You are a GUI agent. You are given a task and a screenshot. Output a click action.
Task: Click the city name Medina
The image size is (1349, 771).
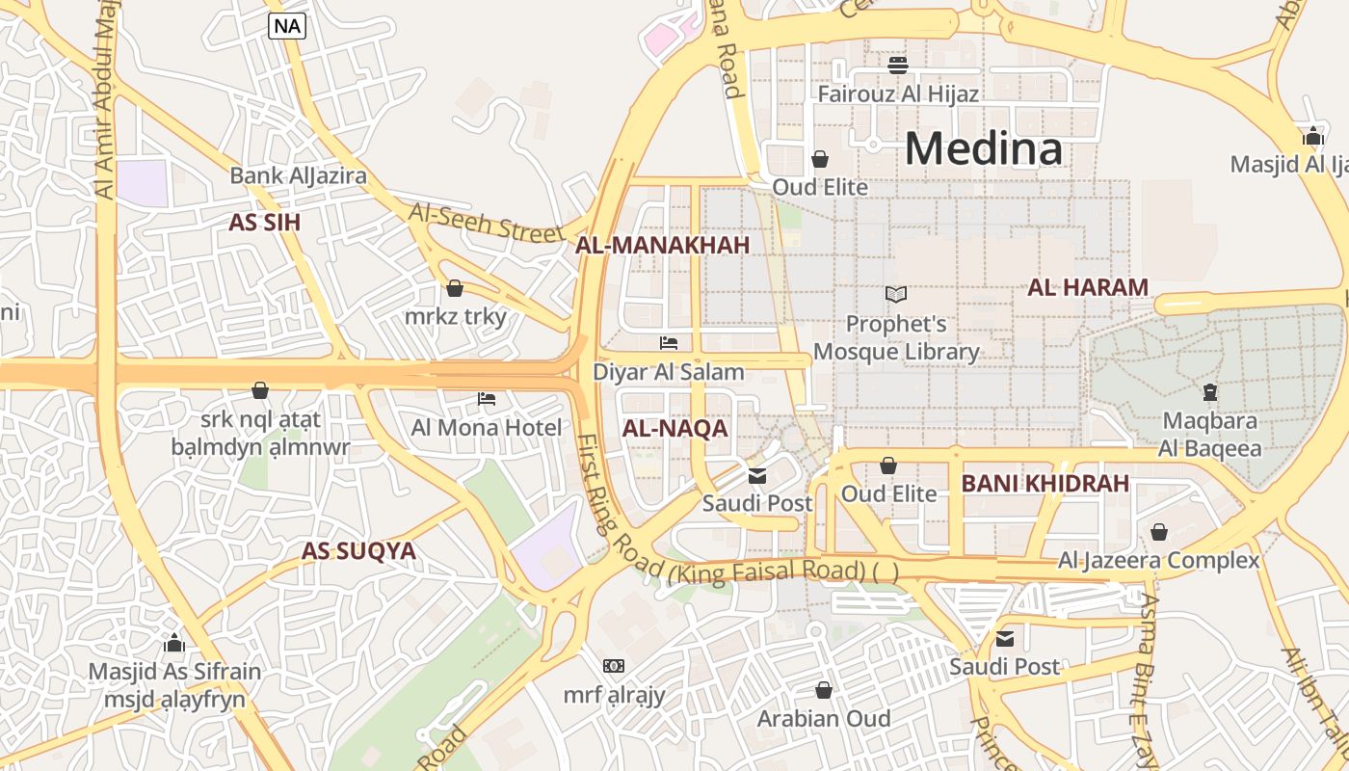(x=983, y=148)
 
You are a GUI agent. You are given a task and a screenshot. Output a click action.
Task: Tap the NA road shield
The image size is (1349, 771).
(x=287, y=26)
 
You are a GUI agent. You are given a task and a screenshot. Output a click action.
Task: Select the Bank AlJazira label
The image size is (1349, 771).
(x=298, y=175)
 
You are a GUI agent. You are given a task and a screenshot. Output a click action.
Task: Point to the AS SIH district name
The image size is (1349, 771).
(x=264, y=223)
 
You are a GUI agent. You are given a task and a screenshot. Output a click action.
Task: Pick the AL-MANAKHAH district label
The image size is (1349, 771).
(x=662, y=245)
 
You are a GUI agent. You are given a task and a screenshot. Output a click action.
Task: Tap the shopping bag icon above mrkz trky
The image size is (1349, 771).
(x=455, y=288)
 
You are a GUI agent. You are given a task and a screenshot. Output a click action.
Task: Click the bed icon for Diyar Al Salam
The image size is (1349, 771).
(x=669, y=343)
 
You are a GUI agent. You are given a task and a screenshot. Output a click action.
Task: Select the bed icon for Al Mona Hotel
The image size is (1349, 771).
(x=487, y=399)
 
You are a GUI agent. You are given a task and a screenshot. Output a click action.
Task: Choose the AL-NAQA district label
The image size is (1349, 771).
(x=674, y=429)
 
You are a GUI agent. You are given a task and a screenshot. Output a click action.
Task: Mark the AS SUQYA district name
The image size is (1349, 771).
(x=358, y=551)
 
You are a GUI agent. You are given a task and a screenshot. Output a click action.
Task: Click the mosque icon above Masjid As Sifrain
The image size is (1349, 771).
(x=174, y=643)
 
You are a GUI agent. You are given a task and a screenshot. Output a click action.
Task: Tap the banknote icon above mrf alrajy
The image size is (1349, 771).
(x=614, y=666)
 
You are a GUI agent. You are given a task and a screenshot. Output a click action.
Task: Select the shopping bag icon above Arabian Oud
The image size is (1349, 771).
(x=824, y=690)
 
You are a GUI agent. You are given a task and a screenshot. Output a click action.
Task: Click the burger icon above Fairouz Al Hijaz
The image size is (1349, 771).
(x=898, y=66)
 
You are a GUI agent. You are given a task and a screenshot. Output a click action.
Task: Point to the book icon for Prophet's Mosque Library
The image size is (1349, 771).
(x=896, y=295)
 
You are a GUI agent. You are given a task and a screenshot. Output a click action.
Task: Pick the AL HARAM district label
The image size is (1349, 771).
(x=1088, y=287)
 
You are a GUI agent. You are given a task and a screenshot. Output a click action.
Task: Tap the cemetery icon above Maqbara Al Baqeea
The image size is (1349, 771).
(x=1209, y=392)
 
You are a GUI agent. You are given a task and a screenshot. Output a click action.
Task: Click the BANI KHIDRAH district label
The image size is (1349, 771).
(x=1045, y=484)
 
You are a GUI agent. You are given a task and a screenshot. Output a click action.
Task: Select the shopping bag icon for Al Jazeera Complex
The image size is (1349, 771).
(x=1159, y=532)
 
